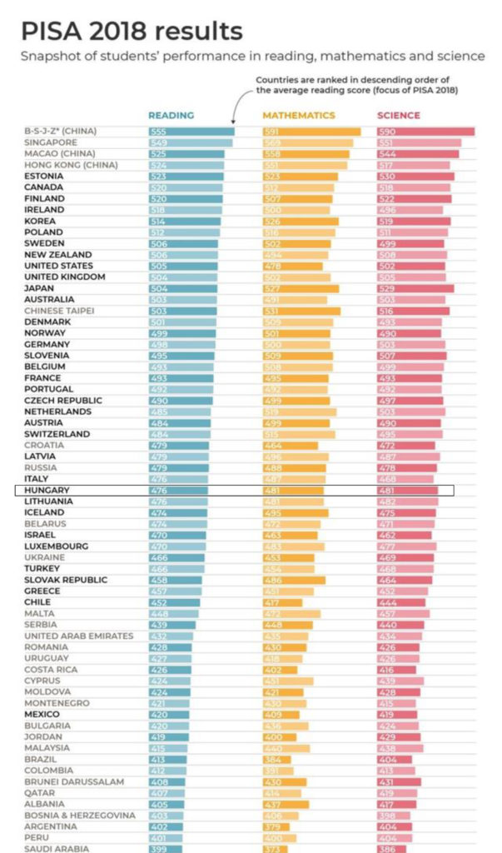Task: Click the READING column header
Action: [x=171, y=116]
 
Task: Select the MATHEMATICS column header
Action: [x=299, y=116]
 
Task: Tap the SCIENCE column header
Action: [x=399, y=116]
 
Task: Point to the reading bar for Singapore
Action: [x=191, y=142]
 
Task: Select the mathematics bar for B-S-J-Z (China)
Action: [x=311, y=132]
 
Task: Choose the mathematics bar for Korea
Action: [x=300, y=221]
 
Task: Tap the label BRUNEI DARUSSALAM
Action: [x=74, y=781]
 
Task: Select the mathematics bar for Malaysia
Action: [x=286, y=748]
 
